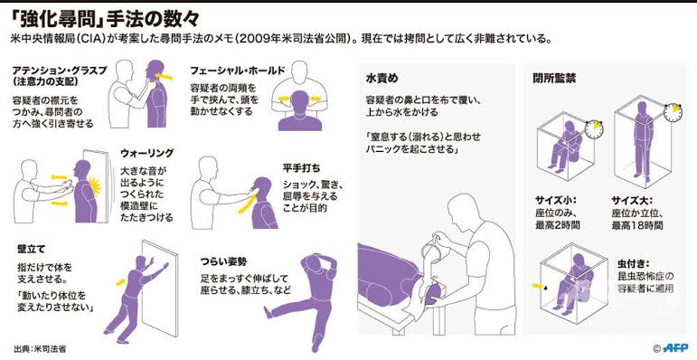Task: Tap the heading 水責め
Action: coord(381,79)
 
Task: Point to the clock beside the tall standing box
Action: coord(673,113)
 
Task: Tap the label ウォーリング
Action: coord(146,154)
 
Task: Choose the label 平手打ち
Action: coord(301,168)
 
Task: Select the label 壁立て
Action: coord(28,250)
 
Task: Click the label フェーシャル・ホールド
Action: coord(238,71)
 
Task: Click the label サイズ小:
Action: coord(552,200)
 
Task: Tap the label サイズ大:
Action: coord(629,200)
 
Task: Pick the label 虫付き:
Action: coord(633,263)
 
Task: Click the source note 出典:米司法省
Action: coord(36,348)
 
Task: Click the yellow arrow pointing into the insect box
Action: coord(538,285)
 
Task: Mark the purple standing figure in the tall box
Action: coord(643,141)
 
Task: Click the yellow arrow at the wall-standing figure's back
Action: coord(120,281)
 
